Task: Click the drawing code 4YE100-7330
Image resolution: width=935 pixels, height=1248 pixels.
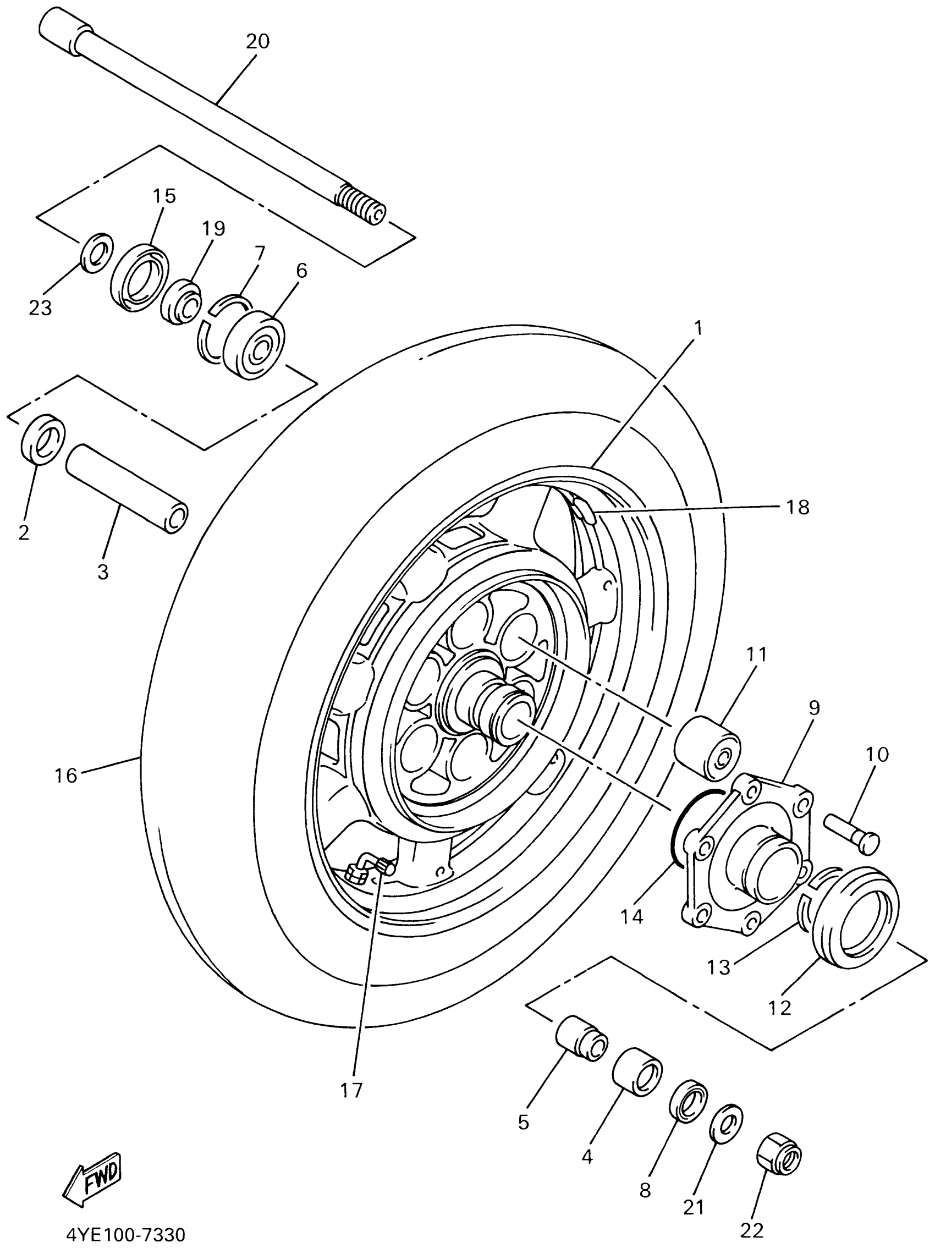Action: pos(126,1234)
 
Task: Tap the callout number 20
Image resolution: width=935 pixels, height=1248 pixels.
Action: pos(257,42)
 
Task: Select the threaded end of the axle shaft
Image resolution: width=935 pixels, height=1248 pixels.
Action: pos(360,205)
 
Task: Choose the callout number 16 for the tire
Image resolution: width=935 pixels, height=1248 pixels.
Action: pos(65,775)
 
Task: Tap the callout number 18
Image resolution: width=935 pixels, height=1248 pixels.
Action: pos(798,507)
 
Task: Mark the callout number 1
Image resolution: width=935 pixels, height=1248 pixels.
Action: pos(698,327)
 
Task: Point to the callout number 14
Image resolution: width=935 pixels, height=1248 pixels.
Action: pos(632,917)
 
